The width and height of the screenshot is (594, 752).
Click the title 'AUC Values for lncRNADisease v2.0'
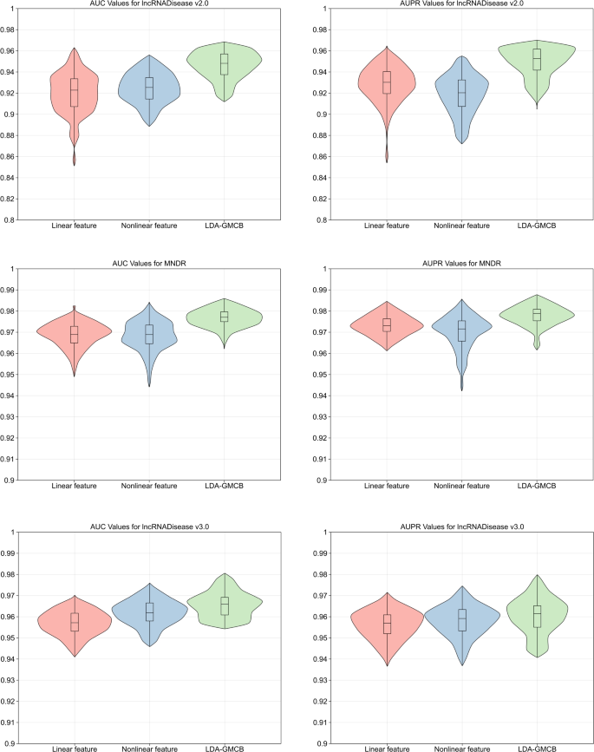click(149, 4)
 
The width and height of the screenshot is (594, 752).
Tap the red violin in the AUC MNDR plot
click(75, 334)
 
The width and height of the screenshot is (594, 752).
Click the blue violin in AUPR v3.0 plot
click(462, 618)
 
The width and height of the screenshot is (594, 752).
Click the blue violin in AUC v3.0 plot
click(149, 612)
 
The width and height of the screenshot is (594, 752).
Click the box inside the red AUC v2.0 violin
click(75, 92)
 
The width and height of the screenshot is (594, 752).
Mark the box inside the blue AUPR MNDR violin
click(462, 330)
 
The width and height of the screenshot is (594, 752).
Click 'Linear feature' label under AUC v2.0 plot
click(75, 226)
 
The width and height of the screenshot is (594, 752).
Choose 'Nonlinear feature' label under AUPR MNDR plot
click(462, 486)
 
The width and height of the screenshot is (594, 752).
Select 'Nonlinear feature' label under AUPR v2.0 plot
click(462, 226)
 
